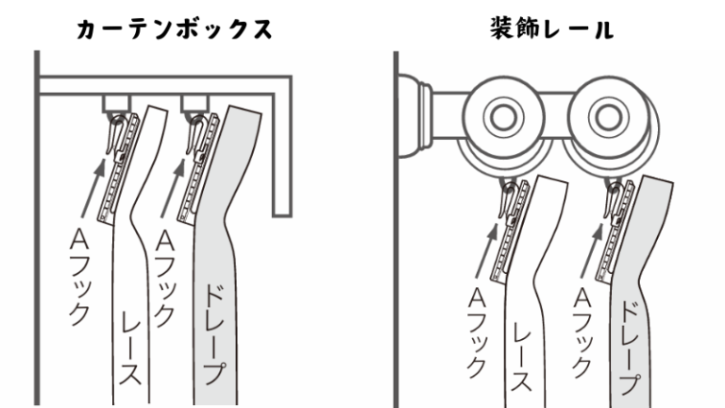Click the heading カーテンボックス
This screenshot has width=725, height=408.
(175, 29)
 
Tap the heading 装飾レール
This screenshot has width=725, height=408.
(552, 28)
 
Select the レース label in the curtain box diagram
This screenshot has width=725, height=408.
(130, 348)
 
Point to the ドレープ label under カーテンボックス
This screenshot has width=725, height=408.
(212, 334)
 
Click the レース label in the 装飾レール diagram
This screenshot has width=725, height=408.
(522, 356)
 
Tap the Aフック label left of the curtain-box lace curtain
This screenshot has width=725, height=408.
(78, 278)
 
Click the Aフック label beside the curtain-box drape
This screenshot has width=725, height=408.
(164, 279)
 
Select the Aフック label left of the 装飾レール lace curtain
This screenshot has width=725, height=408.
(477, 333)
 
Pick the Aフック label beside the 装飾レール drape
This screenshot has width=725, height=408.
(582, 333)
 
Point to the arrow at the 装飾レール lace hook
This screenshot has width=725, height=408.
(487, 249)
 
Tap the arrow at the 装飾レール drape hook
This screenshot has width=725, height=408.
(593, 249)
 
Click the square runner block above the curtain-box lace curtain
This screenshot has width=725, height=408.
(116, 104)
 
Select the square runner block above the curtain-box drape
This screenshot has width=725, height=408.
(195, 104)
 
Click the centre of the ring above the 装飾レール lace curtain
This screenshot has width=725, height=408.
(503, 116)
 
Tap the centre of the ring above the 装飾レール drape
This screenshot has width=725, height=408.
(608, 116)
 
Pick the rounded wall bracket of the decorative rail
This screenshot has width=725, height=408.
(413, 116)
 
